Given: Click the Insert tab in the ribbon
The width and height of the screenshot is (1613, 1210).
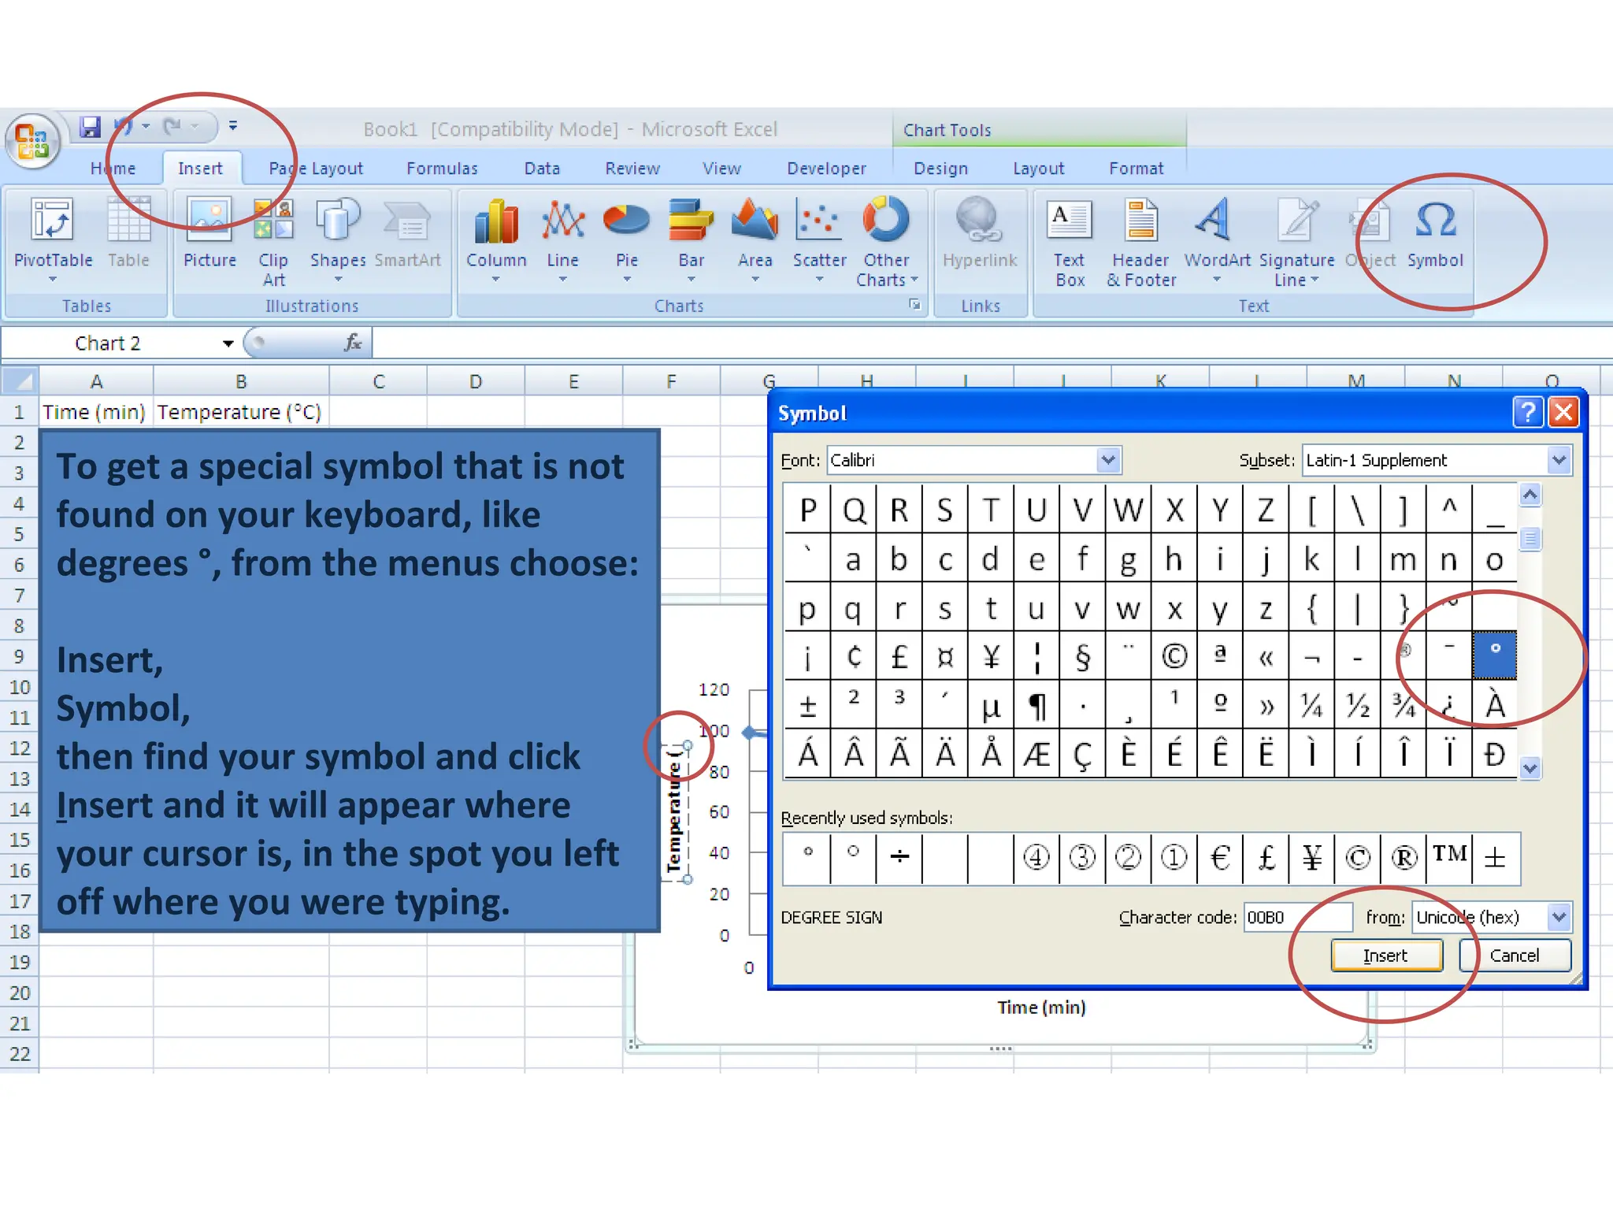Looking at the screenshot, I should tap(200, 169).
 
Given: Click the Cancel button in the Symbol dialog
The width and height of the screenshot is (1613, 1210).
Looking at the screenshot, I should tap(1514, 956).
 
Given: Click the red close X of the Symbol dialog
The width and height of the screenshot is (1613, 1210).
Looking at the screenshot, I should tap(1563, 412).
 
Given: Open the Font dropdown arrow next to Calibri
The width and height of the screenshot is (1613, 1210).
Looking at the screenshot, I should tap(1108, 460).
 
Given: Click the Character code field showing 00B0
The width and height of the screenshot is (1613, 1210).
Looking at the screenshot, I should tap(1296, 917).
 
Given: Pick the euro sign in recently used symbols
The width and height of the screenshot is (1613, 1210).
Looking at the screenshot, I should tap(1220, 857).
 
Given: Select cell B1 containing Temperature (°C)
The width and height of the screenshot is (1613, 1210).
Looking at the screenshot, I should tap(239, 412).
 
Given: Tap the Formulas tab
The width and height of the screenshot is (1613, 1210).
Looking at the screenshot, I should tap(442, 169).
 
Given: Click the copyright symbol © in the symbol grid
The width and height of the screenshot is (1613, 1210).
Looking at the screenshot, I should tap(1174, 655).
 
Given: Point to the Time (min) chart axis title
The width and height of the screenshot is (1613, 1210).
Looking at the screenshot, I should tap(1041, 1008).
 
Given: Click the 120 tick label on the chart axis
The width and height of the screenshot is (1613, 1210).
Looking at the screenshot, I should tap(714, 690).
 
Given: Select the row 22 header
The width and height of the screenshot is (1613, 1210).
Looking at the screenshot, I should tap(20, 1054).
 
